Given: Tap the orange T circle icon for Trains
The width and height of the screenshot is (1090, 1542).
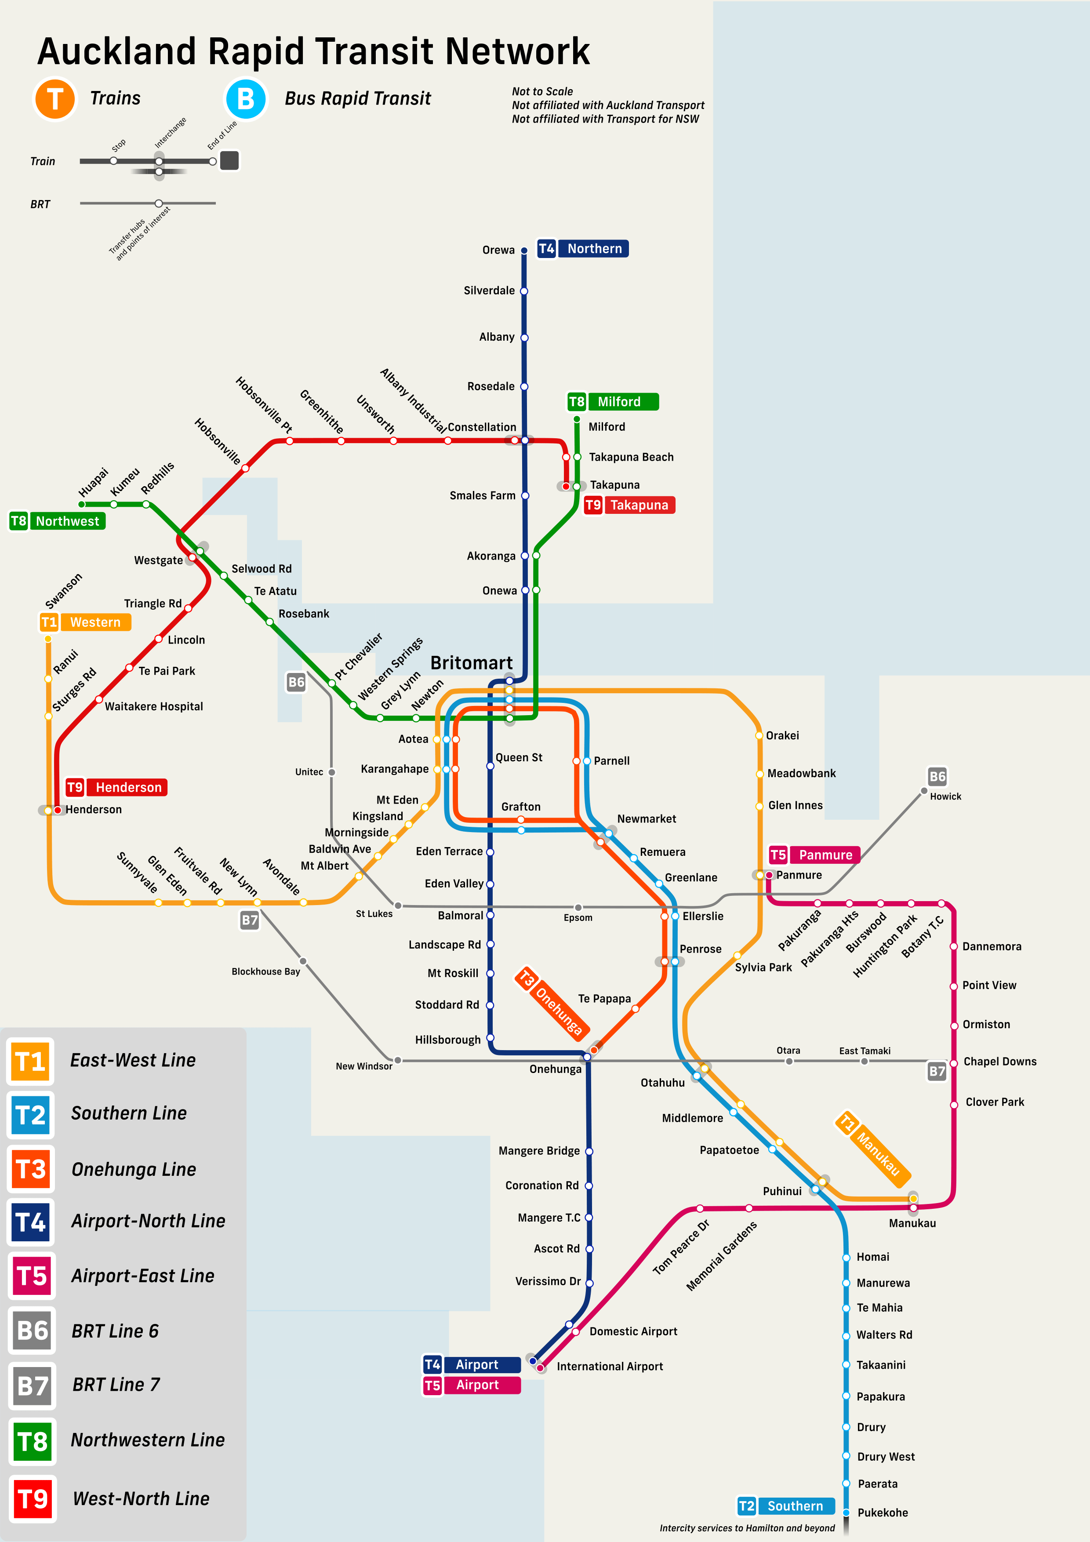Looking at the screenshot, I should [55, 99].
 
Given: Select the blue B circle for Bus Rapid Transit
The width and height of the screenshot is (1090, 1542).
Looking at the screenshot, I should [246, 99].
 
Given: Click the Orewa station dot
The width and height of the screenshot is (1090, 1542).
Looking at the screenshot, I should [524, 251].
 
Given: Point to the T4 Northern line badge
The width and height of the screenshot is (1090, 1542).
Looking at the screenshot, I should [582, 248].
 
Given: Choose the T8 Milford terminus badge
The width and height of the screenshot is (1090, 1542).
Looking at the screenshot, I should [613, 402].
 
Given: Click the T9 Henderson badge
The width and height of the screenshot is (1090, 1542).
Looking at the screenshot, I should [116, 787].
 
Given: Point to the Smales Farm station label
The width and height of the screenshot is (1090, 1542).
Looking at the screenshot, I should [482, 496].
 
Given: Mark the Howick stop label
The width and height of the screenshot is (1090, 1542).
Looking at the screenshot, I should [945, 796].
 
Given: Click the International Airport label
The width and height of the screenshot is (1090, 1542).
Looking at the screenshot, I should [609, 1366].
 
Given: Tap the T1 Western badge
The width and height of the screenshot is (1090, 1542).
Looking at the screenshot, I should [85, 622].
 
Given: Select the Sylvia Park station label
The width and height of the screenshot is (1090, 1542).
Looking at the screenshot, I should [763, 967].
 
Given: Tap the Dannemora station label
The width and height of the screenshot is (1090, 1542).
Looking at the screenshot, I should [991, 946].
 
